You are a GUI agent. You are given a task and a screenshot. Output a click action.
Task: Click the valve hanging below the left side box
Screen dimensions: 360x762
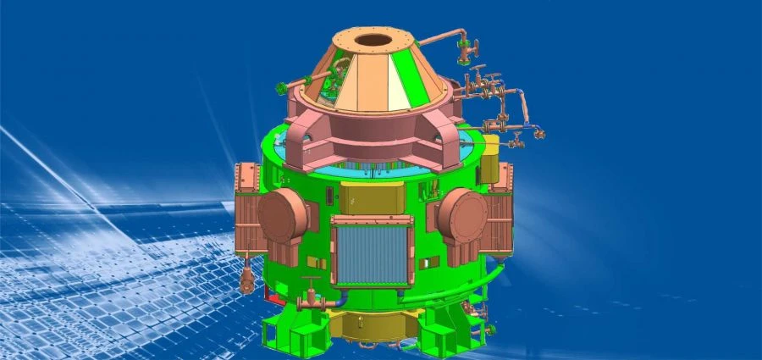point(246,278)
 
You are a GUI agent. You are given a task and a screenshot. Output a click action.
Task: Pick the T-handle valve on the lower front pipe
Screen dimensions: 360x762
point(310,292)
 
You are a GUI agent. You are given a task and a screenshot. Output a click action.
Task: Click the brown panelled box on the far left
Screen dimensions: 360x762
point(247,203)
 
